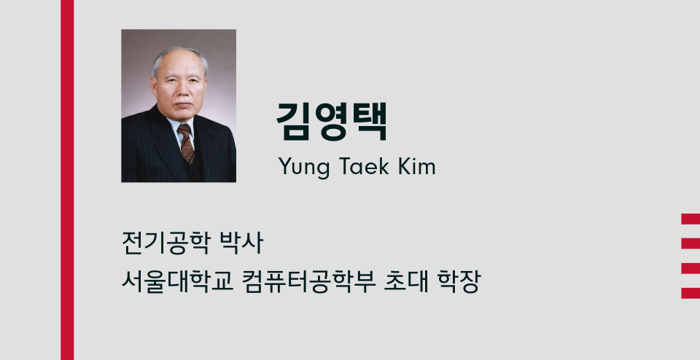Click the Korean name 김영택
(x=331, y=122)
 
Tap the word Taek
(x=358, y=166)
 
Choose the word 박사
(x=241, y=243)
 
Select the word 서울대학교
(x=177, y=281)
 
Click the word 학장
(x=459, y=281)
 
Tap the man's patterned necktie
(x=186, y=143)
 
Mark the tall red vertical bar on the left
(x=67, y=180)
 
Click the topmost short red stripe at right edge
(x=691, y=219)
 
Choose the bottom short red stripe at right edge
(x=691, y=293)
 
